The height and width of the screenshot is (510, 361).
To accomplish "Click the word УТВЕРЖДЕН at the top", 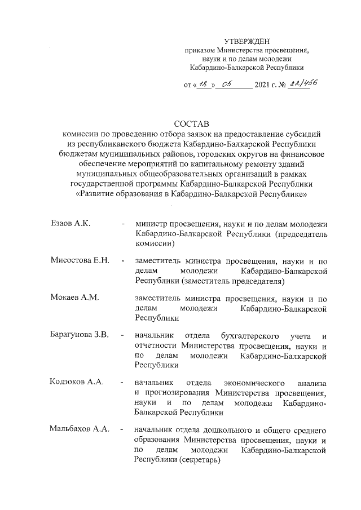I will [x=248, y=41].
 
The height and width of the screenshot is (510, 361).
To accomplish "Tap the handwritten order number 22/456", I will [x=301, y=83].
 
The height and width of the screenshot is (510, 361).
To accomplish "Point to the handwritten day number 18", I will [x=203, y=84].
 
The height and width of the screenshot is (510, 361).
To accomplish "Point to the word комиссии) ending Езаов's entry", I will [x=153, y=245].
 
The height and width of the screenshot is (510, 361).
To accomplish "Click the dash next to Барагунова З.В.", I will [x=122, y=336].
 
